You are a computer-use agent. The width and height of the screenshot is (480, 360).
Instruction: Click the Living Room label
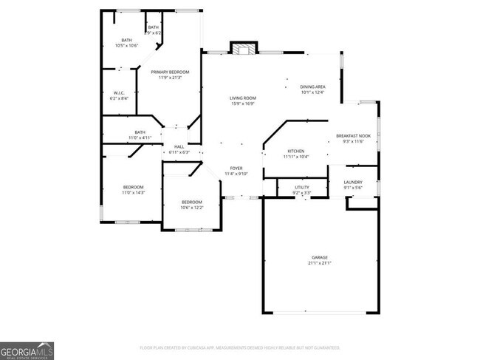point(243,98)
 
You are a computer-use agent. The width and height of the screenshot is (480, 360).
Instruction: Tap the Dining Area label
point(312,87)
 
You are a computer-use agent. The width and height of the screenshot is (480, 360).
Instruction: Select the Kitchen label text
point(295,151)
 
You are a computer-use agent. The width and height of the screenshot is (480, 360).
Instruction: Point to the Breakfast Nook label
point(353,136)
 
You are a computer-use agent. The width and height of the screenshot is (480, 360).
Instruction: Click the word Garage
point(319,257)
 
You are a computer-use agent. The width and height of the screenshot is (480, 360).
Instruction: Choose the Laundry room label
point(353,182)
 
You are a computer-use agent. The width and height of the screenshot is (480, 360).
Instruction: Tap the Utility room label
point(302,187)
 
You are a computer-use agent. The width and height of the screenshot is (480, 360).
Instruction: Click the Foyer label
point(236,169)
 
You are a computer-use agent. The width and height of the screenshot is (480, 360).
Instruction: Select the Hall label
point(179,147)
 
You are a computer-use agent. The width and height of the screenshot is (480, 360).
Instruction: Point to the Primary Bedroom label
point(171,72)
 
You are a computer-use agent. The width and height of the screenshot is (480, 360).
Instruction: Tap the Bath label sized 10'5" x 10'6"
point(127,40)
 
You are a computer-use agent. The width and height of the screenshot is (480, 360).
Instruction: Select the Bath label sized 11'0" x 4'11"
point(140,132)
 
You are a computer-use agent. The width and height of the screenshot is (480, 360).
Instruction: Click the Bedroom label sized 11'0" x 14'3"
point(133,187)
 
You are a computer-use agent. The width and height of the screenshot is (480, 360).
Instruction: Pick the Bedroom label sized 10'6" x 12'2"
point(192,202)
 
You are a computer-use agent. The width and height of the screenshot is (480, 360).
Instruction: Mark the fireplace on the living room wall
point(243,49)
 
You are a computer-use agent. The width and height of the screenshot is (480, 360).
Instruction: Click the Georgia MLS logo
point(27,350)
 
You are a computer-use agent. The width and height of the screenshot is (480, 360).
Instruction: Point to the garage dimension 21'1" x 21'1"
point(319,263)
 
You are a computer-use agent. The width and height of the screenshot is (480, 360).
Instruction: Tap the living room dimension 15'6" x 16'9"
point(243,104)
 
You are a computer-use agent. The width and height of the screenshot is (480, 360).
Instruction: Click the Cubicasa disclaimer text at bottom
point(239,347)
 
